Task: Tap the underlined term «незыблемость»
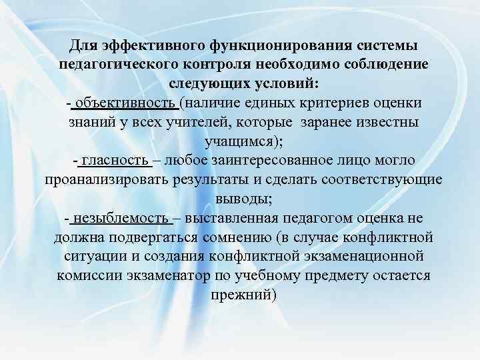click(123, 219)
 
